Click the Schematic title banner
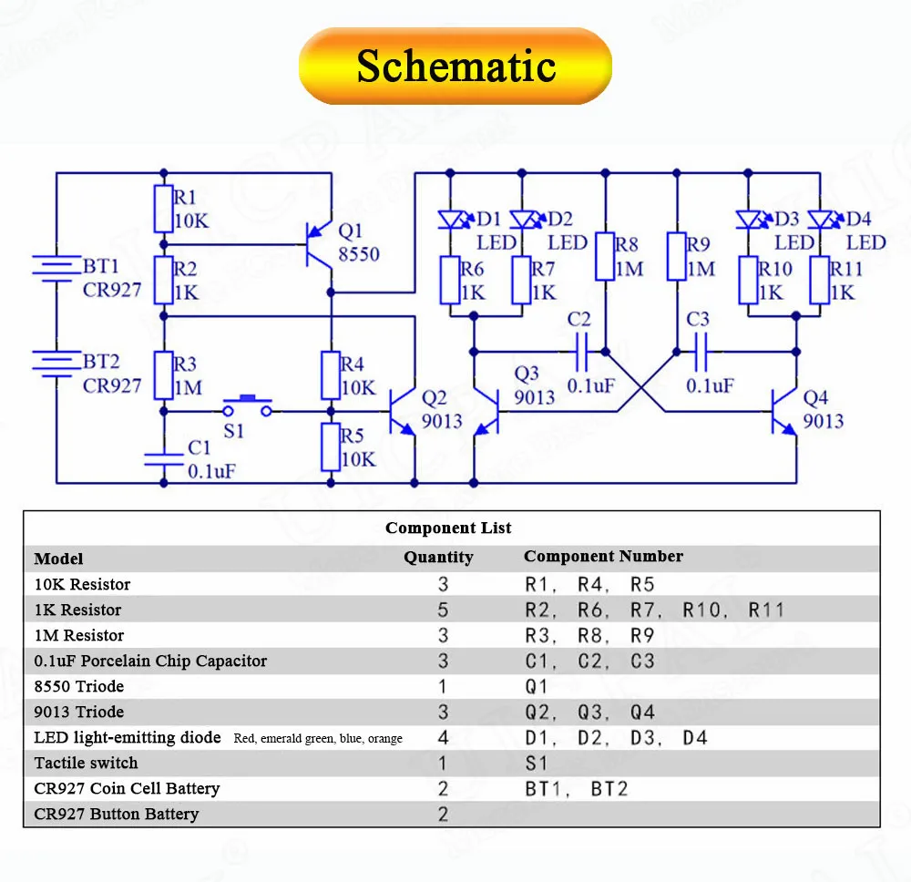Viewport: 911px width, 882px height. click(x=455, y=66)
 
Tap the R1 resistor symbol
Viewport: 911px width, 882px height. click(x=163, y=209)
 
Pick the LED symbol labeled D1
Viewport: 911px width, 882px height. click(x=452, y=219)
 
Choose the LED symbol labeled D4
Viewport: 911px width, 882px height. click(x=821, y=219)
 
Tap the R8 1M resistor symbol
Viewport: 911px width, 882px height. click(x=606, y=256)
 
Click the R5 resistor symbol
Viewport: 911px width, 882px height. click(x=332, y=446)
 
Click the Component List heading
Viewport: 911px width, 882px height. click(x=448, y=528)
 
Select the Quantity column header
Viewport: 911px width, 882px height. click(x=438, y=557)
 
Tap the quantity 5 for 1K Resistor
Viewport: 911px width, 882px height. click(x=444, y=610)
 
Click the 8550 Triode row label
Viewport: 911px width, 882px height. click(x=79, y=686)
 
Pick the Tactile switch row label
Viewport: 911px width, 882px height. click(x=87, y=763)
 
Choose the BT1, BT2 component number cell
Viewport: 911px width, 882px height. click(x=577, y=788)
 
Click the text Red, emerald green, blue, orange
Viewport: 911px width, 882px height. click(x=318, y=738)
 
